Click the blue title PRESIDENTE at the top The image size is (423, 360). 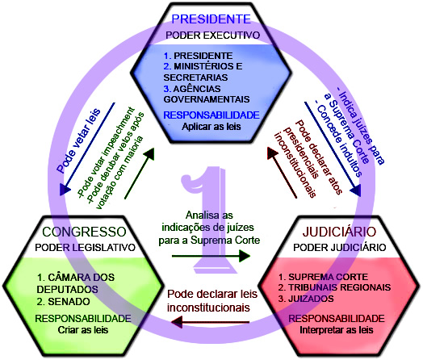tap(211, 19)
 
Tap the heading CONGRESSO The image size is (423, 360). tap(85, 232)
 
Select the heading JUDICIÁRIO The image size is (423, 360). tap(339, 232)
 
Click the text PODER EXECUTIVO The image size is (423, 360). tap(213, 36)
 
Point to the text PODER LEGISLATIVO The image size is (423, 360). tap(86, 248)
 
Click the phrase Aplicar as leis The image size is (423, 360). tap(211, 127)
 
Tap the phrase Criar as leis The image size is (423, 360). tap(83, 330)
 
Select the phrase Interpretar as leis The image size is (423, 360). tap(337, 330)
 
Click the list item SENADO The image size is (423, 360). tap(69, 302)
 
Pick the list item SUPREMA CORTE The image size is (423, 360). tap(329, 277)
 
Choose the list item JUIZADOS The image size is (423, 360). tap(311, 299)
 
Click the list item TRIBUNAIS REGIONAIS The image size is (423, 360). tap(340, 287)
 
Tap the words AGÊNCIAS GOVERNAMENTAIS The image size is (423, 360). tap(207, 94)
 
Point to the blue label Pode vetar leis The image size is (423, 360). tap(78, 140)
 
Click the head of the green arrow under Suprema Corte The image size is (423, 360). tap(245, 256)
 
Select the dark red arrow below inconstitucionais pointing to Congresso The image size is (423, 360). tap(210, 322)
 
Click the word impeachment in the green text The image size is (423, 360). tap(118, 132)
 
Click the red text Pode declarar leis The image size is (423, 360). tap(212, 294)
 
